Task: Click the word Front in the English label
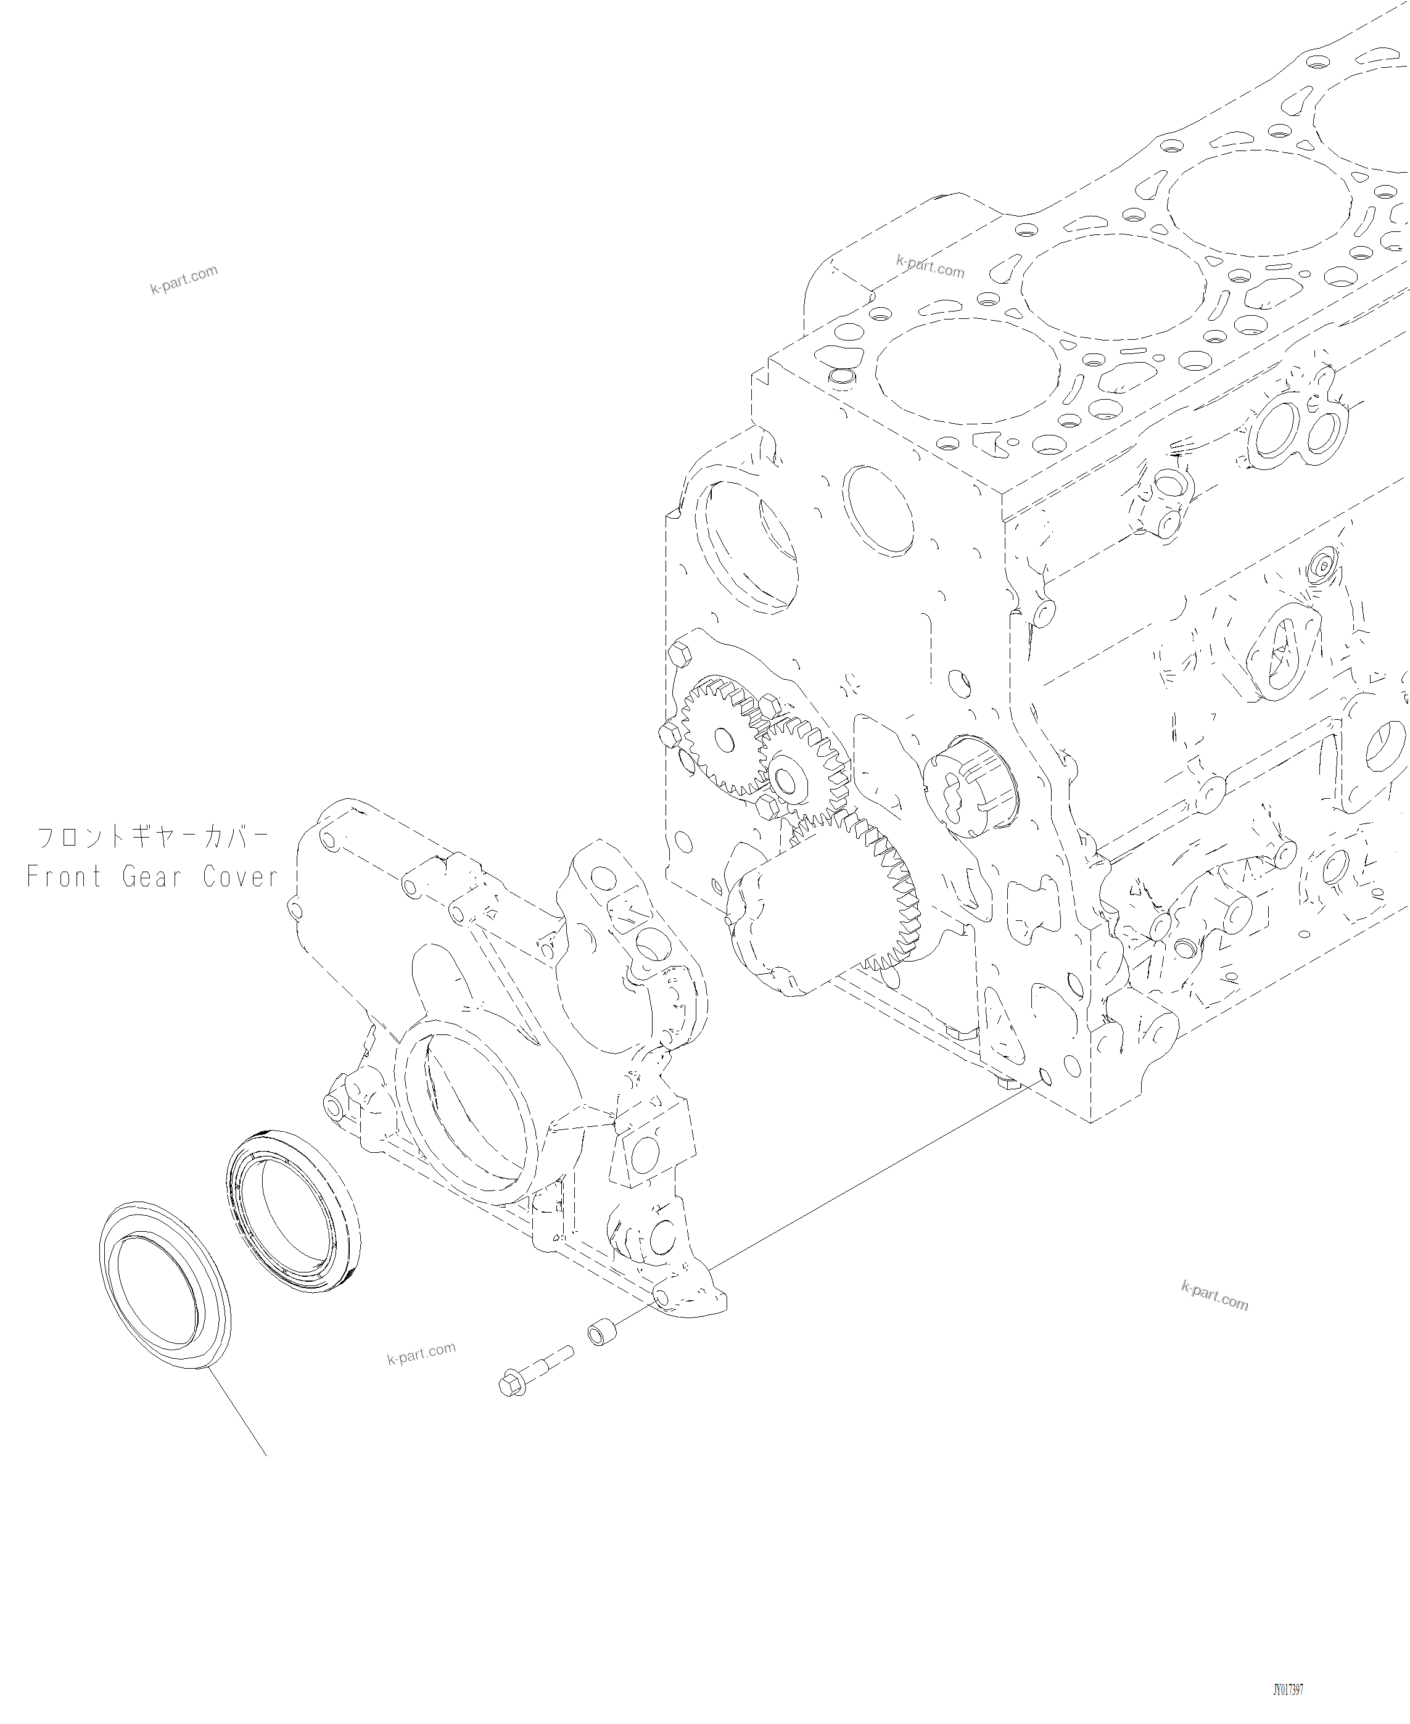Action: coord(64,877)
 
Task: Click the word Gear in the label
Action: coord(151,877)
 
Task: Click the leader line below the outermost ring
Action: coord(237,1413)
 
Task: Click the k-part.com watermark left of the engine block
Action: coord(184,279)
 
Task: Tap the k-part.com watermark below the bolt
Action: coord(421,1354)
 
